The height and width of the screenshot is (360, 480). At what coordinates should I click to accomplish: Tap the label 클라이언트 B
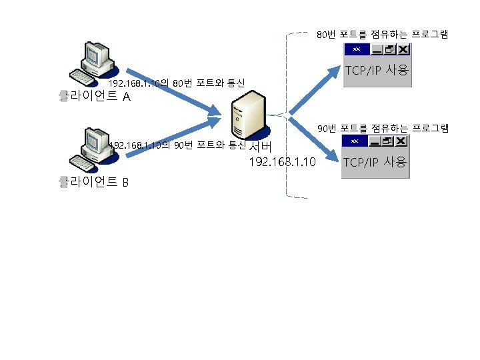point(93,181)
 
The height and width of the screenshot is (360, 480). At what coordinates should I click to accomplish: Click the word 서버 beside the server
point(259,147)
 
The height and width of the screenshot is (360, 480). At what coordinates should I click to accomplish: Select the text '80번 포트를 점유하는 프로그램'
point(382,33)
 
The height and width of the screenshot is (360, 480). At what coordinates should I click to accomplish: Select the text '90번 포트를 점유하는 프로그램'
point(383,127)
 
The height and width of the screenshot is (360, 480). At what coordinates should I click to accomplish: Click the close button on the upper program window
point(405,49)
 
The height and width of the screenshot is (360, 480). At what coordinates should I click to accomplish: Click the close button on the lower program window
point(401,141)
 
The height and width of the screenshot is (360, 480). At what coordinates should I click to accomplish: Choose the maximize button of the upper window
point(391,49)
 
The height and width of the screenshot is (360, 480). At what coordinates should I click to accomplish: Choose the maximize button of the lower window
point(388,141)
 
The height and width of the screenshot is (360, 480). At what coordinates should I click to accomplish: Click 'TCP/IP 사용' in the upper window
point(377,70)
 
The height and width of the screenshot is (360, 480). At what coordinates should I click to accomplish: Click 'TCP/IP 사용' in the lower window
point(375,162)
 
